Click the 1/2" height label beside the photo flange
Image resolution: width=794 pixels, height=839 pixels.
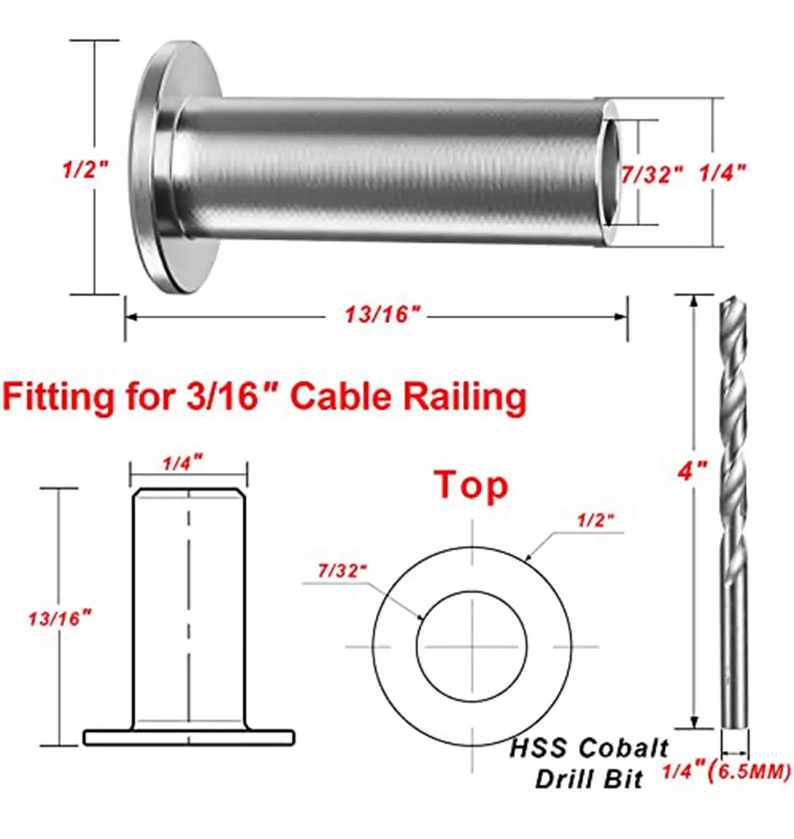[x=86, y=169]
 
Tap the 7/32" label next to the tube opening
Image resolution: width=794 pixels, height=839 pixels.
[x=652, y=175]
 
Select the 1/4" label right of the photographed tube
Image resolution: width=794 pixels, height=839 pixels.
[x=723, y=172]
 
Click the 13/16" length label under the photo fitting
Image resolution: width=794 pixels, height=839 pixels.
[x=383, y=314]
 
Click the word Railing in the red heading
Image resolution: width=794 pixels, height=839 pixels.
[x=465, y=398]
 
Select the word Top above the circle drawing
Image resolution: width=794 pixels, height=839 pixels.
[x=471, y=486]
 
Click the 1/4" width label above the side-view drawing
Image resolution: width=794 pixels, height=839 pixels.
[x=183, y=463]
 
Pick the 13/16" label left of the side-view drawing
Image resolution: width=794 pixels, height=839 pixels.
[x=60, y=618]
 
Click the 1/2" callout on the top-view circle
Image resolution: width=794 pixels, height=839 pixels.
[x=596, y=520]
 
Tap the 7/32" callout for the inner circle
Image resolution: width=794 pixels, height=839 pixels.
[x=343, y=571]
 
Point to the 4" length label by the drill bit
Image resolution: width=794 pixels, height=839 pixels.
[x=692, y=471]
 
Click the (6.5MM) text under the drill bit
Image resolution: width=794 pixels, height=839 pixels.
[x=749, y=772]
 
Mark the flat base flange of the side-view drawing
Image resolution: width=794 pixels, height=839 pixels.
[x=189, y=737]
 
